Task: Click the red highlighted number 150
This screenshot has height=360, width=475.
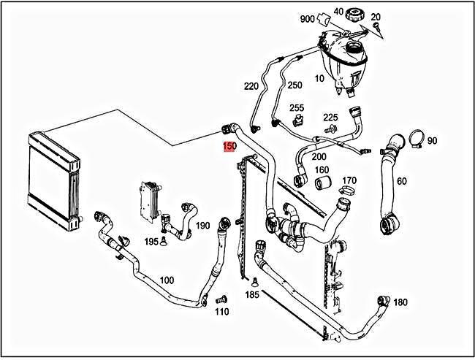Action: pos(229,147)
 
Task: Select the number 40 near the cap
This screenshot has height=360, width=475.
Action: pos(338,11)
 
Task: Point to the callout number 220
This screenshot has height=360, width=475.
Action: pos(251,86)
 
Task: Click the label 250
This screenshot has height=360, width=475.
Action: pos(294,85)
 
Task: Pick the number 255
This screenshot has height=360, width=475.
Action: pos(297,108)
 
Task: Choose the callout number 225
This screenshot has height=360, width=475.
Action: pos(331,117)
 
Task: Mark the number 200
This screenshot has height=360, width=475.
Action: pos(319,156)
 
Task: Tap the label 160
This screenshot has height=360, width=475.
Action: pos(322,170)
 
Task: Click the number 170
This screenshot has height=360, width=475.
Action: pos(349,180)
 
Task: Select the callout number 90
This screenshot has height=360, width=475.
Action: pos(432,140)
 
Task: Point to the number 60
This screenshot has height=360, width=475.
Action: pos(402,180)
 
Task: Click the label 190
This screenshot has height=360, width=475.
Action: pos(203,225)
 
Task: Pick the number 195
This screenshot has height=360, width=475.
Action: pos(151,241)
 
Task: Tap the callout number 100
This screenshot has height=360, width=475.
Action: pos(167,280)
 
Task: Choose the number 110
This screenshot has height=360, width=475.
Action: pos(222,312)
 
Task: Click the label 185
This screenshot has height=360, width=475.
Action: pos(252,295)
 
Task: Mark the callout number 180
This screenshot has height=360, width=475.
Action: pos(400,302)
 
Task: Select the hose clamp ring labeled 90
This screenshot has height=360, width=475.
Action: pos(416,137)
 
